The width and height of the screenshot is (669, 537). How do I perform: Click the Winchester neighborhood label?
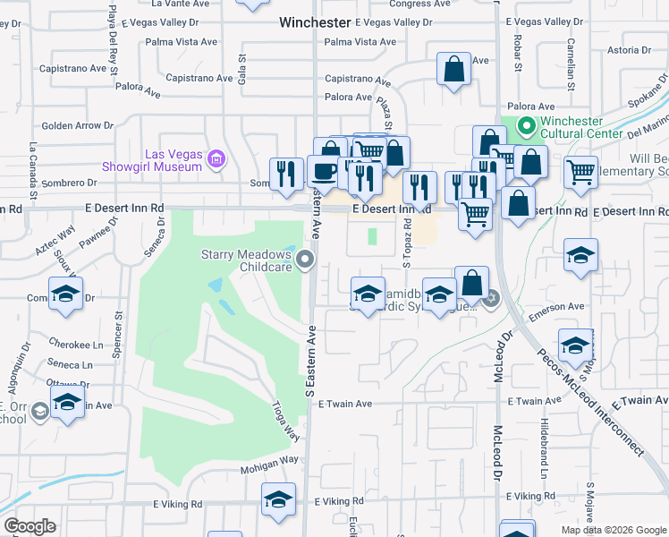pyautogui.click(x=314, y=21)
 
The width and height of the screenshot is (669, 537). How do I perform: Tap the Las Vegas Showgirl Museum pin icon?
pyautogui.click(x=215, y=160)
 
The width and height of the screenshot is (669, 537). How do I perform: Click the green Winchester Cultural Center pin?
pyautogui.click(x=527, y=126)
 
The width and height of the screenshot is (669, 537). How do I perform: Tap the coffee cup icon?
pyautogui.click(x=322, y=171)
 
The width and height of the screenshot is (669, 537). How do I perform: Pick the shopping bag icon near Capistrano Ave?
pyautogui.click(x=453, y=69)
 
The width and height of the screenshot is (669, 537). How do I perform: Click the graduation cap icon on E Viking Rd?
pyautogui.click(x=279, y=499)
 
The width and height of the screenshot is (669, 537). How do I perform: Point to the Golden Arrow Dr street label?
pyautogui.click(x=72, y=126)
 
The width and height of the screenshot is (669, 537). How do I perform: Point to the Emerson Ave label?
pyautogui.click(x=555, y=308)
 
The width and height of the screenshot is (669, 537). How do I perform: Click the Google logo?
pyautogui.click(x=30, y=526)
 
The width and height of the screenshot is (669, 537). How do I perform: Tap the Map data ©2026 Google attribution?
pyautogui.click(x=614, y=530)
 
